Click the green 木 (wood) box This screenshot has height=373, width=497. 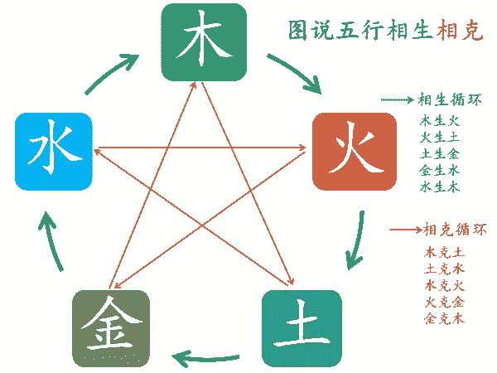[204, 42]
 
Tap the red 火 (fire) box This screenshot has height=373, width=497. [355, 152]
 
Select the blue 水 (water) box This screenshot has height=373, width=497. [54, 152]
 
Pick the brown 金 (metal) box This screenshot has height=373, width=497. [111, 328]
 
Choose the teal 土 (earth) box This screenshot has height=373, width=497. [302, 328]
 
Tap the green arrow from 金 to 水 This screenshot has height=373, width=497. [51, 242]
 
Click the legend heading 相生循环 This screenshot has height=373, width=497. [450, 99]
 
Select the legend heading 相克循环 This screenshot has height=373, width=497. [455, 230]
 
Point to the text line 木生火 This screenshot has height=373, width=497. [440, 121]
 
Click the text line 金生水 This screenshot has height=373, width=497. [440, 171]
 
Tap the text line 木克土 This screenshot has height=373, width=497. [444, 253]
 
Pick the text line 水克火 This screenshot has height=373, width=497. [444, 286]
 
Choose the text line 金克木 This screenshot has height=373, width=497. [444, 318]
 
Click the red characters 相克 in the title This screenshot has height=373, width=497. [460, 31]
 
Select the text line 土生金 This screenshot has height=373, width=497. [440, 154]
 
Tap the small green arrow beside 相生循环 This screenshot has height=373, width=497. [398, 100]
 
